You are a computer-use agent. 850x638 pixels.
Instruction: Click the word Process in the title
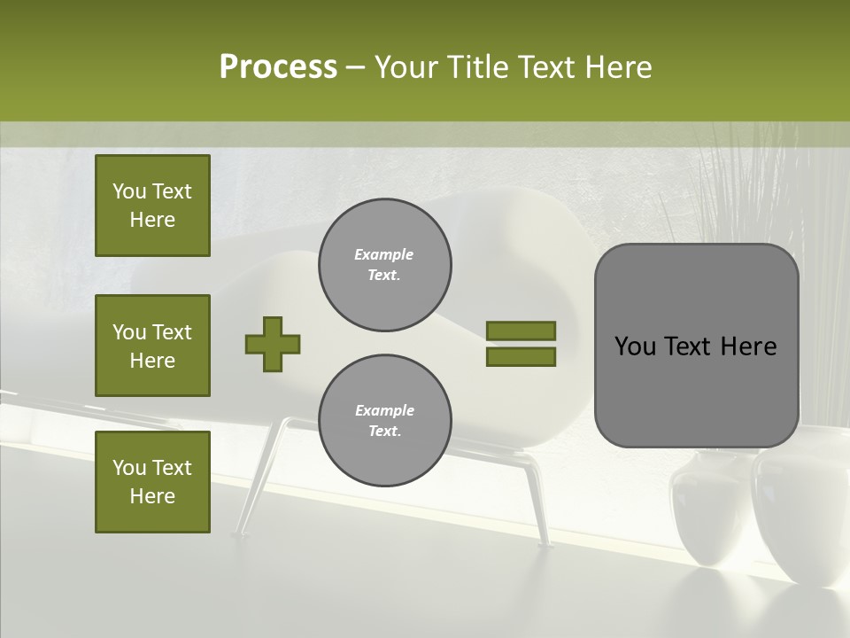[278, 67]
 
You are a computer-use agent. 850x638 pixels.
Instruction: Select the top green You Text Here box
[152, 206]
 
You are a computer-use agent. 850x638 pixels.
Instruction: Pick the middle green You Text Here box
[152, 346]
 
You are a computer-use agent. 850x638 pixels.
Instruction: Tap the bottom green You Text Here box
[152, 481]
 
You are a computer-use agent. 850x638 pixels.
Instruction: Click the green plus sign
[273, 344]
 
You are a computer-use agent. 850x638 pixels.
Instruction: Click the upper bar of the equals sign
[521, 331]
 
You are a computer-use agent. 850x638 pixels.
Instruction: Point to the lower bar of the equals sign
[521, 356]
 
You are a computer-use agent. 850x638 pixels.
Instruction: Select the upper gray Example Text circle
[384, 265]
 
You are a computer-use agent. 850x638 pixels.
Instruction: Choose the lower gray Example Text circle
[384, 421]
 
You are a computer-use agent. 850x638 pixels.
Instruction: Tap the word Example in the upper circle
[383, 254]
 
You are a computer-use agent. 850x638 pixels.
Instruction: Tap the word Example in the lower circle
[384, 410]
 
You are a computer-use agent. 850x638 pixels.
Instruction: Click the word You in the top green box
[127, 191]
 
